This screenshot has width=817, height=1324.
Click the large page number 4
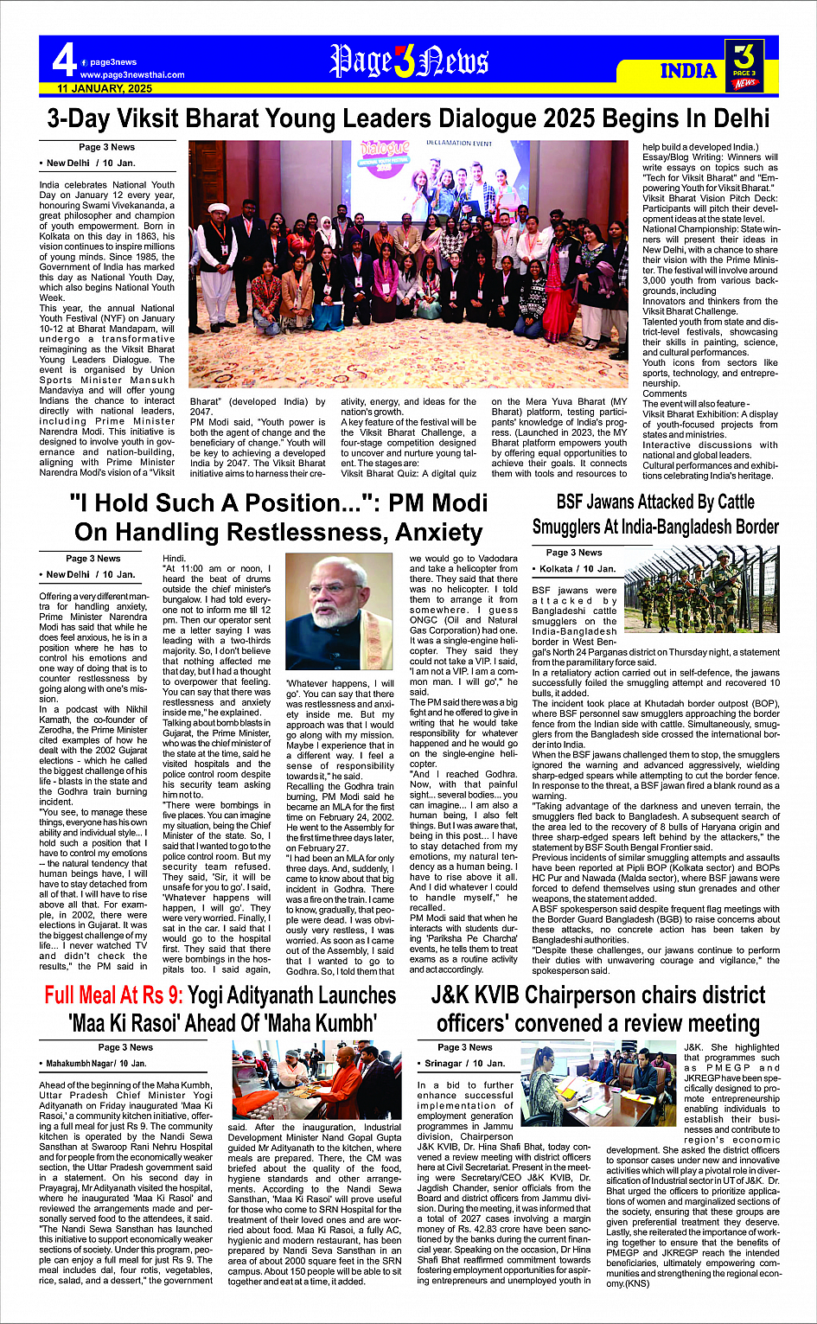63,62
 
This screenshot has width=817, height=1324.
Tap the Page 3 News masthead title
409,62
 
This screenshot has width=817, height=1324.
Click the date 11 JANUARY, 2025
105,88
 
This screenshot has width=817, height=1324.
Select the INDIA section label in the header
689,71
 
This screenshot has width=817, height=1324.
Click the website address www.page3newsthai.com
131,75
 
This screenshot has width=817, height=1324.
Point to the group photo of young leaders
408,263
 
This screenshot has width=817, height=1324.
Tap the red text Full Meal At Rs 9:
114,995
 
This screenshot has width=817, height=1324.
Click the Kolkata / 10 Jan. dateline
577,569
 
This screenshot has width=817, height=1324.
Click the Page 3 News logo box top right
744,65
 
